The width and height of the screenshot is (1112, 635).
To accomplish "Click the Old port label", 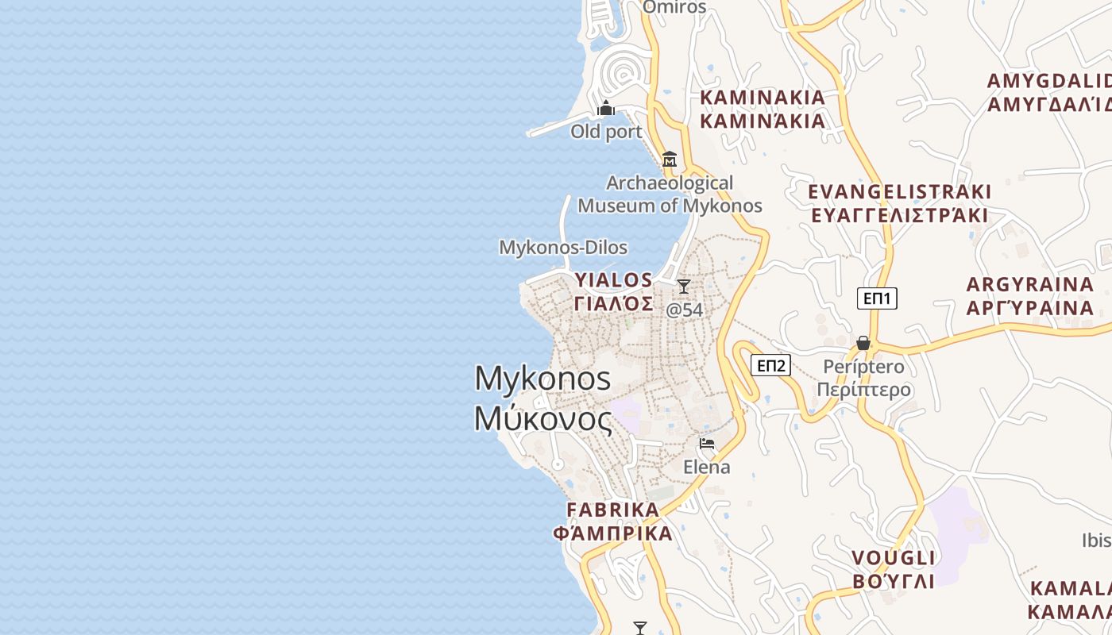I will [606, 132].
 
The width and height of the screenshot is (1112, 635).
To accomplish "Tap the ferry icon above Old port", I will [606, 108].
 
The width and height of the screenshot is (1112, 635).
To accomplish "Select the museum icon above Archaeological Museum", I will [670, 159].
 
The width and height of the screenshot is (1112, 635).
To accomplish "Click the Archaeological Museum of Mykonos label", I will [670, 194].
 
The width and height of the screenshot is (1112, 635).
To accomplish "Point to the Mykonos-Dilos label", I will [563, 248].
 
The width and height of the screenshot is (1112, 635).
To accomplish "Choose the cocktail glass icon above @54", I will [684, 287].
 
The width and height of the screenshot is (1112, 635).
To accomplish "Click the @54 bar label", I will [684, 310].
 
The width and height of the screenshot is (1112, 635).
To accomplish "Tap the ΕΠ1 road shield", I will [877, 298].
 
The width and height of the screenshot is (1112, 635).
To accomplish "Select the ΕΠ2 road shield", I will [770, 365].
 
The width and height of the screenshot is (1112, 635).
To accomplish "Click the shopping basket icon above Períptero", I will [863, 343].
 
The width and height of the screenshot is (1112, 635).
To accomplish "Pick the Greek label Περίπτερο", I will [863, 391].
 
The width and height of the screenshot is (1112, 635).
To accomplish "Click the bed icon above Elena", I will [707, 443].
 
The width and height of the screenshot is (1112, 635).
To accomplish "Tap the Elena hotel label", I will [707, 467].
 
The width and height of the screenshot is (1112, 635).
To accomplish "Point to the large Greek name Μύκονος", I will [543, 418].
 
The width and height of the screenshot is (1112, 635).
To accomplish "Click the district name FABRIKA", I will [612, 510].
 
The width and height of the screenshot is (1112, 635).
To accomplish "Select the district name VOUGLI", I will [894, 557].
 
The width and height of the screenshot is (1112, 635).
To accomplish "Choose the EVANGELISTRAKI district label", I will [899, 192].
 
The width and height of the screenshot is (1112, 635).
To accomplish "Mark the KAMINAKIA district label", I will [763, 98].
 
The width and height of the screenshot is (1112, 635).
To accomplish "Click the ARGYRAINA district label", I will [1029, 284].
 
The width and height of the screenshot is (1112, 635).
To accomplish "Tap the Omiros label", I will [674, 7].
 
